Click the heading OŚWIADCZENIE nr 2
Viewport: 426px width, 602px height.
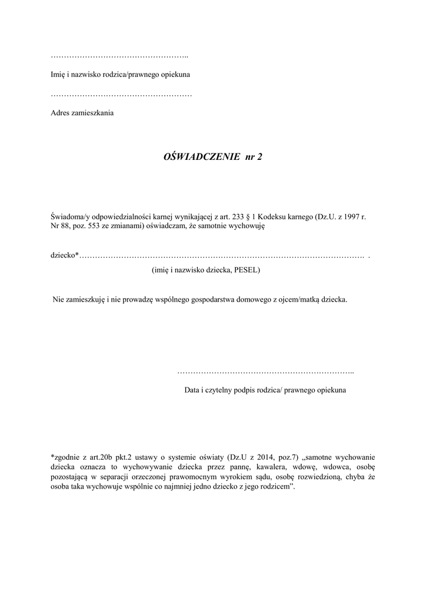tap(212, 157)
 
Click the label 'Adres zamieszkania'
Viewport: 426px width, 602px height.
tap(82, 113)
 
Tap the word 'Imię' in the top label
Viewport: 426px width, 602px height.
tap(58, 75)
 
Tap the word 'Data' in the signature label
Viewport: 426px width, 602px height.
tap(192, 390)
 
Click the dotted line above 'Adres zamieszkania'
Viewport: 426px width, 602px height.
tap(121, 94)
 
